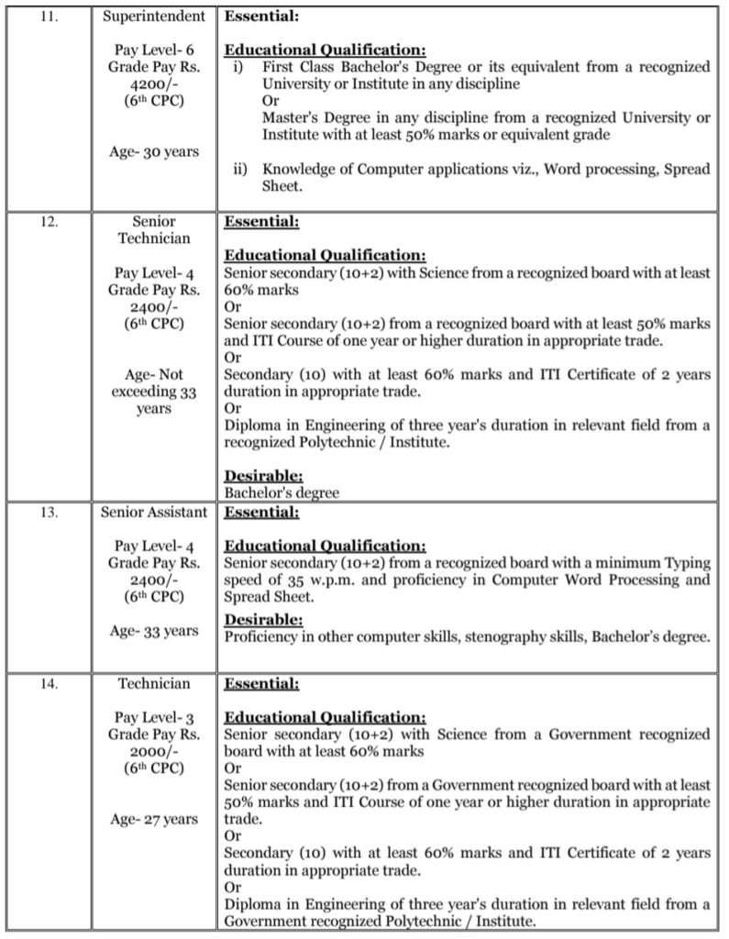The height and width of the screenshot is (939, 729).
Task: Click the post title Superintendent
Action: click(x=153, y=17)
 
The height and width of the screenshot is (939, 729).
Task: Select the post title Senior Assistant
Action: click(x=153, y=513)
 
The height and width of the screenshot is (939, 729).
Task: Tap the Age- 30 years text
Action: click(x=153, y=151)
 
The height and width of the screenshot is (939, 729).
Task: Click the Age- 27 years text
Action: click(x=153, y=819)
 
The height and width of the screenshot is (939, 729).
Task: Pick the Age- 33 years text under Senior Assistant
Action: click(x=153, y=630)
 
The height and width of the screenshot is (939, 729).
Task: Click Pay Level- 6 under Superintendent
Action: click(x=153, y=50)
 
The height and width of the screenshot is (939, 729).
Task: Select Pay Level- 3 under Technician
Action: click(x=153, y=717)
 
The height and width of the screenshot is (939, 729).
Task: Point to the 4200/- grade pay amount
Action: click(x=153, y=83)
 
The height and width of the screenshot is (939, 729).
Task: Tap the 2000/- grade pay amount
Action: click(x=153, y=750)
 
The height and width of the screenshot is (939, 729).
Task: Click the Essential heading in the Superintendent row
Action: click(x=260, y=17)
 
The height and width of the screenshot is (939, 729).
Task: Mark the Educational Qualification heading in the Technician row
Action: click(x=325, y=717)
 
